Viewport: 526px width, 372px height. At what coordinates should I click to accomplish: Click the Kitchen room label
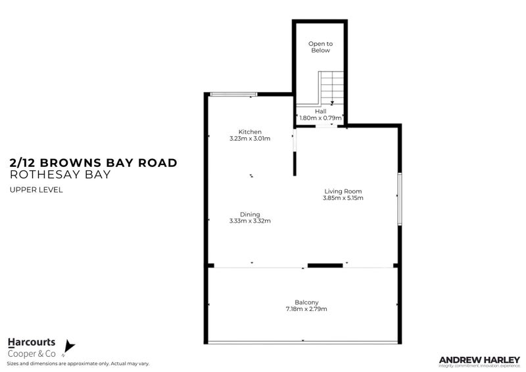[x=250, y=132]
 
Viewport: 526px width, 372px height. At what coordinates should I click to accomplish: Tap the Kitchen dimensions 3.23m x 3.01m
[x=250, y=139]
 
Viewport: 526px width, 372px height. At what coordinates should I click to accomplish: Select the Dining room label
[x=250, y=214]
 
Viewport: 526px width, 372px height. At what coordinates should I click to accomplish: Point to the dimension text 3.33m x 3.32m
[x=250, y=221]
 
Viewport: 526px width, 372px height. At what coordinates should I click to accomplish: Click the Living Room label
[x=343, y=191]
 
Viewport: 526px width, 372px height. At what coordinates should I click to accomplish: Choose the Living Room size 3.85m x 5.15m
[x=343, y=198]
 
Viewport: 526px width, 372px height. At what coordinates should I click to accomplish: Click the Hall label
[x=320, y=111]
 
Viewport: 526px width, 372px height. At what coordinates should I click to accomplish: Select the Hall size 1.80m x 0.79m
[x=320, y=118]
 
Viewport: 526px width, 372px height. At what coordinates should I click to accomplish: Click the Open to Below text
[x=320, y=47]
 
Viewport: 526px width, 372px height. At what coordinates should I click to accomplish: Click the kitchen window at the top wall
[x=233, y=95]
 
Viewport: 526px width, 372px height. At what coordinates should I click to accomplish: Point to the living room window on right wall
[x=398, y=199]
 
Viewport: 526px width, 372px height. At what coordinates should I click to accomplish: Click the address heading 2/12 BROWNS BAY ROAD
[x=93, y=163]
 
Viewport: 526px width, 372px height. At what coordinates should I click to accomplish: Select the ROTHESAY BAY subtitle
[x=60, y=175]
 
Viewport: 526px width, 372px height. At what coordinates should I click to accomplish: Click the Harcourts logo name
[x=31, y=342]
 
